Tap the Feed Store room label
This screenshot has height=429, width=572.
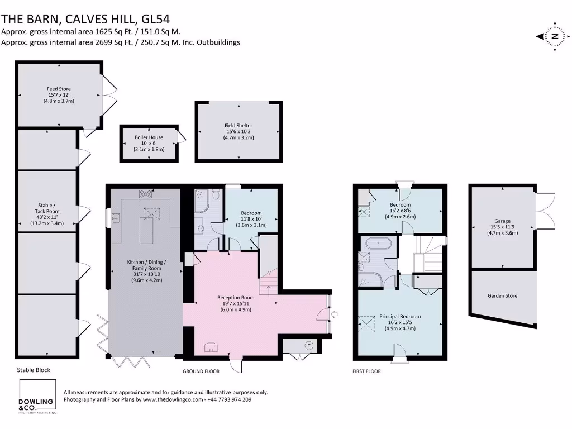pos(59,95)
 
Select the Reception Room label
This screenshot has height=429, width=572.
pos(236,303)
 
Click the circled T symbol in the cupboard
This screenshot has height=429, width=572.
pos(308,345)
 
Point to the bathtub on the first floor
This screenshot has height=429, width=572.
pos(378,243)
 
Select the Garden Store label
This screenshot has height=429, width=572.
pos(502,295)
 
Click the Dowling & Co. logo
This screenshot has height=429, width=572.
pos(37,398)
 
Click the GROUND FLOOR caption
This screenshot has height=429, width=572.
pos(201,371)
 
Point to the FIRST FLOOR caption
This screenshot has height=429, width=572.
pos(366,371)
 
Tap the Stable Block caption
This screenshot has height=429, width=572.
pos(34,370)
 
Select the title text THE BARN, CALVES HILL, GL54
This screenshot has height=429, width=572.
pos(79,18)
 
